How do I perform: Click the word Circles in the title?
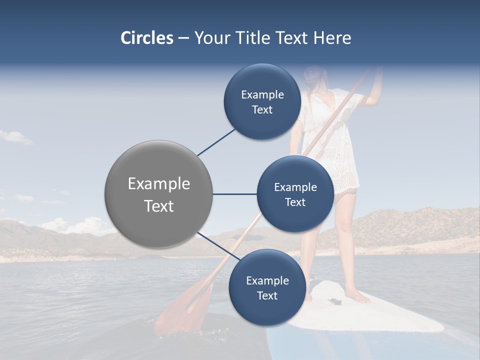(146, 38)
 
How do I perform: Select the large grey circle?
(158, 194)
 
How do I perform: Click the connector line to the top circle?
(216, 142)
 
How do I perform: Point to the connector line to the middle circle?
(235, 194)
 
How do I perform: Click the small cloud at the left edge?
(15, 136)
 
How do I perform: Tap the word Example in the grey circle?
(158, 183)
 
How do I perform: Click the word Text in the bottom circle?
(267, 295)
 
